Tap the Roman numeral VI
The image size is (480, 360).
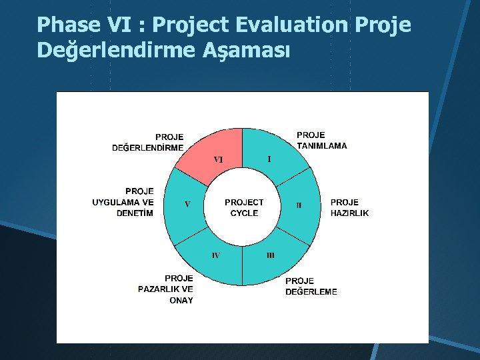218,160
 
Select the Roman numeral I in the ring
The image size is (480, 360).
269,159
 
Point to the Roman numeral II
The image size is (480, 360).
299,205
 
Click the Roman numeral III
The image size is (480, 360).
270,255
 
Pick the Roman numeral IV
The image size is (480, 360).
216,255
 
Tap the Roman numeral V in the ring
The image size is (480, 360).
187,205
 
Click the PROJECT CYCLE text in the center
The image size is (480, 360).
244,207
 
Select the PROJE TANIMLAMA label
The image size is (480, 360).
321,140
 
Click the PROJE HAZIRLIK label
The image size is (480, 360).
349,207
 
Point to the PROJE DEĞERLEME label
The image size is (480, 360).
311,286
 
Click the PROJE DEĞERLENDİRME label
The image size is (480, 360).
148,143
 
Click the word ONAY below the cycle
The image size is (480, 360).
181,301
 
